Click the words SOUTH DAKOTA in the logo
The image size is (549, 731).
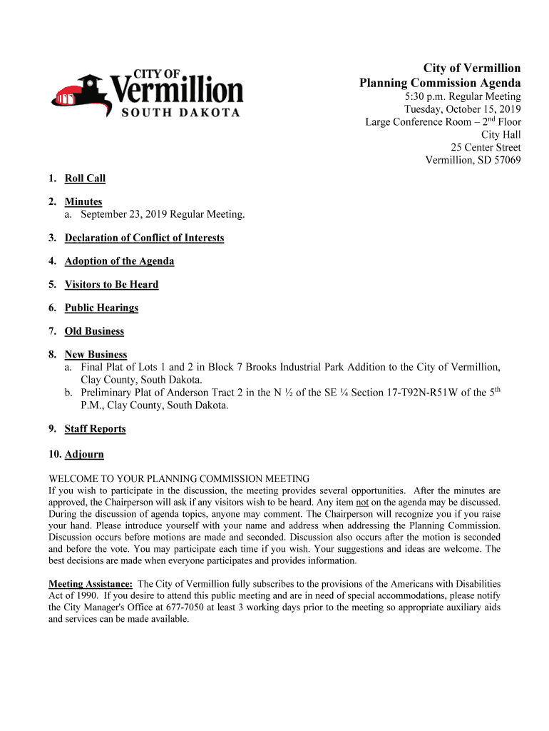pos(180,112)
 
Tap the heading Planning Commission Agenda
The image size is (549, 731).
pos(439,84)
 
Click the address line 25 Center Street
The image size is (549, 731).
pos(486,148)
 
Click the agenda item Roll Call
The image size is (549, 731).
pos(85,178)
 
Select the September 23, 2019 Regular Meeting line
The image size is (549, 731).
pos(163,214)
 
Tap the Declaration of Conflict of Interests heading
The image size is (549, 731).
pos(144,238)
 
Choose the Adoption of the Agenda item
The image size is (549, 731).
pos(119,261)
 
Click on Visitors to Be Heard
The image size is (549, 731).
pos(111,284)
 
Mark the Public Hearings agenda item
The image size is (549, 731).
pos(101,308)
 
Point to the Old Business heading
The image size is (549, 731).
pos(94,331)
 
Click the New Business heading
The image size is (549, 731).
pos(96,355)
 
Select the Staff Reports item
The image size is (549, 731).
pos(95,429)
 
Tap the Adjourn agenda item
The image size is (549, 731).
pos(84,454)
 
